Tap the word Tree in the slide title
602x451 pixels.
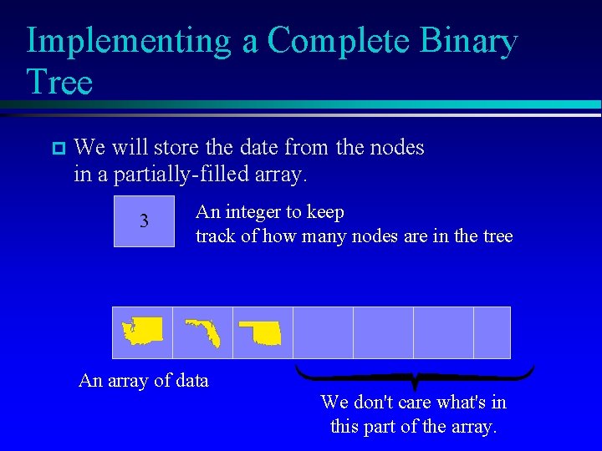[x=59, y=82]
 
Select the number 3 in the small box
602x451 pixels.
[x=144, y=221]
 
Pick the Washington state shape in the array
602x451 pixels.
[x=142, y=332]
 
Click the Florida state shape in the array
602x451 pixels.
[x=203, y=332]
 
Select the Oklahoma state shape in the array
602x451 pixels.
[x=262, y=332]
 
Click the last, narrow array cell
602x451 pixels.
[x=492, y=332]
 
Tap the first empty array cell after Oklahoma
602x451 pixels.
[x=323, y=332]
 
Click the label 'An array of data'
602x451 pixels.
[x=143, y=381]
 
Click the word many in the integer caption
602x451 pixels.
[x=325, y=236]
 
